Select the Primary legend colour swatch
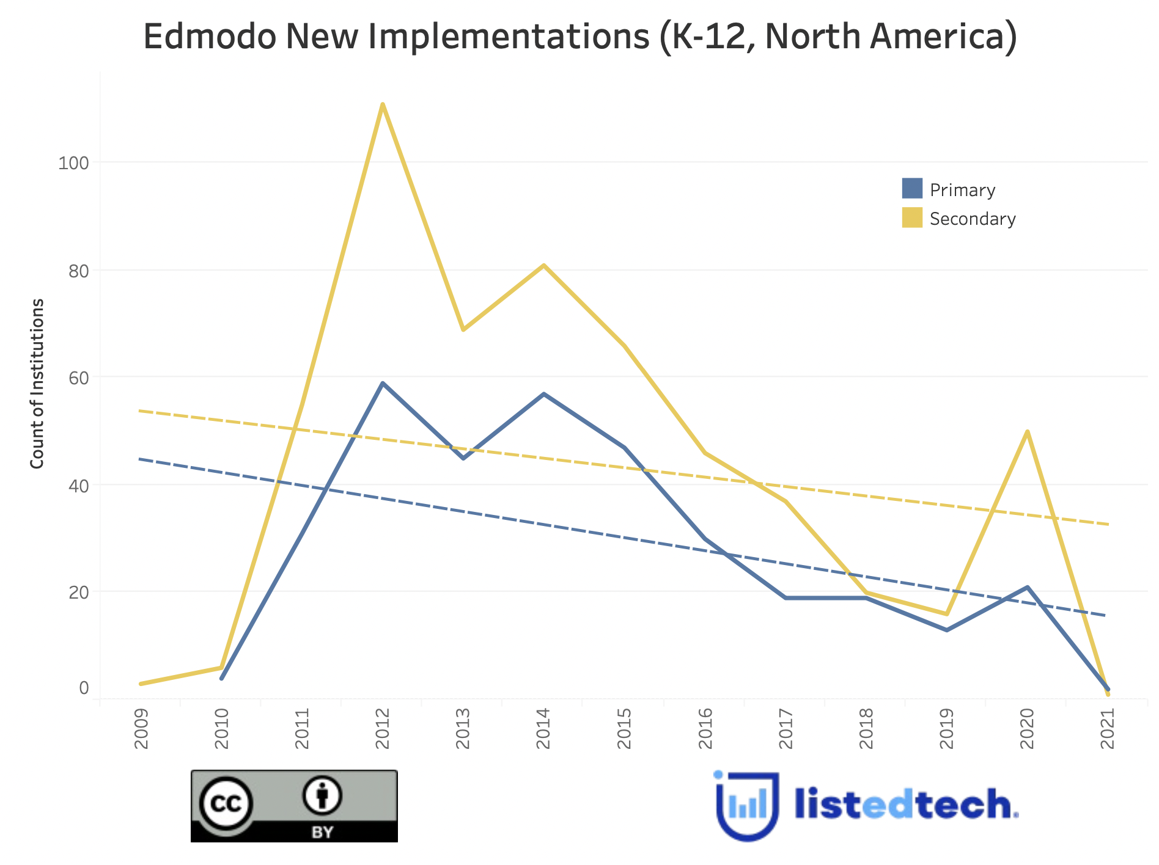[912, 189]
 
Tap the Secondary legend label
[973, 219]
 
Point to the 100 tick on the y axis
[73, 163]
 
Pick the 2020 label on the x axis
[1028, 728]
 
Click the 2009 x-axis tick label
[141, 728]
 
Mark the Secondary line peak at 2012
[383, 104]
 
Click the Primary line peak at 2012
[383, 384]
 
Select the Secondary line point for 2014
[543, 265]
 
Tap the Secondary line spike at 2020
[1028, 431]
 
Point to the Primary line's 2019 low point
[947, 630]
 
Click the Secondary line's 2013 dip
[463, 330]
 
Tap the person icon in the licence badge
[322, 795]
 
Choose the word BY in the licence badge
[322, 832]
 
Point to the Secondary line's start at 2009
[141, 684]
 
